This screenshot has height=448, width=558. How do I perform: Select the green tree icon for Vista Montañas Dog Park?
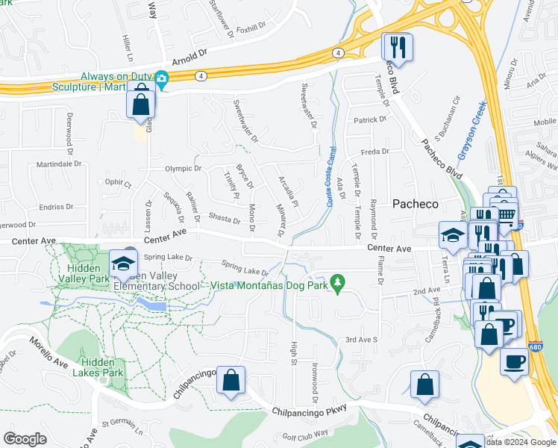pyautogui.click(x=339, y=282)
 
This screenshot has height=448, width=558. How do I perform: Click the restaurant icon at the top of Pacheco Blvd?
pyautogui.click(x=398, y=48)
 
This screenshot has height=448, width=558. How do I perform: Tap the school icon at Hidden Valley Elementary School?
pyautogui.click(x=123, y=263)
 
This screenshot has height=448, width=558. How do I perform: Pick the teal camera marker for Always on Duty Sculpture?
pyautogui.click(x=161, y=78)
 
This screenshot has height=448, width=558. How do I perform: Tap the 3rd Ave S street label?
pyautogui.click(x=362, y=340)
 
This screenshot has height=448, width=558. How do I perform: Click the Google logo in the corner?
pyautogui.click(x=25, y=439)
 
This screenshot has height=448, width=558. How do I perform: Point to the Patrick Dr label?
pyautogui.click(x=370, y=119)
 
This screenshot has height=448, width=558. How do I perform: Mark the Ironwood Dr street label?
pyautogui.click(x=315, y=379)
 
